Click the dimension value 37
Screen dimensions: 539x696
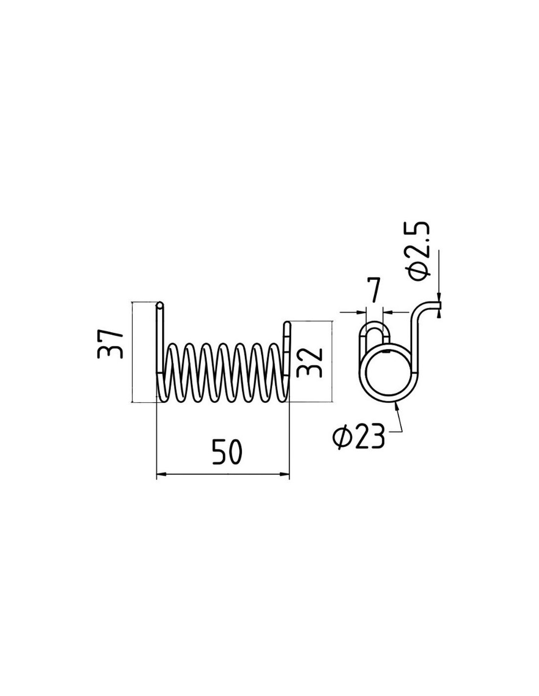[x=110, y=344]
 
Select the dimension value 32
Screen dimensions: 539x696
[x=309, y=362]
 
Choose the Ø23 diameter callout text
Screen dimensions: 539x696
[x=358, y=437]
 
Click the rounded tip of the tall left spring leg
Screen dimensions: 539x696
[x=160, y=303]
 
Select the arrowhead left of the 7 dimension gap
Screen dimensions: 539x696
[x=361, y=311]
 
